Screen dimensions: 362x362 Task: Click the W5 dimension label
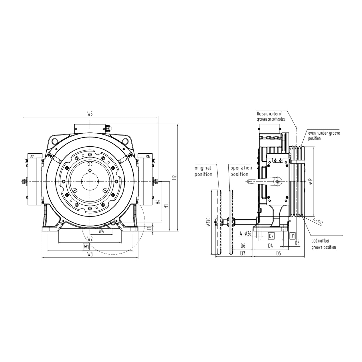click(x=90, y=114)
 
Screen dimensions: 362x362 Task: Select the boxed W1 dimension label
click(x=86, y=247)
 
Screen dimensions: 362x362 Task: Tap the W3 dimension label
click(x=90, y=254)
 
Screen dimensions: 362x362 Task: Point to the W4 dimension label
click(x=101, y=231)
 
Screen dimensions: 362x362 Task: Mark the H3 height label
click(x=149, y=229)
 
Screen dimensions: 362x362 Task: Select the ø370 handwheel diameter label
click(x=208, y=222)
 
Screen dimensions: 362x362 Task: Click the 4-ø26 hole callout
click(x=245, y=234)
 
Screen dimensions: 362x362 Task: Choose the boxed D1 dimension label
click(x=292, y=236)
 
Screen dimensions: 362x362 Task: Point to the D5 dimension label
click(x=278, y=253)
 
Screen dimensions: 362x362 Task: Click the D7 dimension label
click(x=243, y=253)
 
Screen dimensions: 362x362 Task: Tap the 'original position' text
click(x=203, y=171)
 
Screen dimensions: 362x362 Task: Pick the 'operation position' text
click(x=241, y=171)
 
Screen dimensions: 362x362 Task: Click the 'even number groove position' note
click(x=324, y=136)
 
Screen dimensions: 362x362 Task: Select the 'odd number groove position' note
click(x=324, y=244)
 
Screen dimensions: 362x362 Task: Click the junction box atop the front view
click(x=90, y=128)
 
